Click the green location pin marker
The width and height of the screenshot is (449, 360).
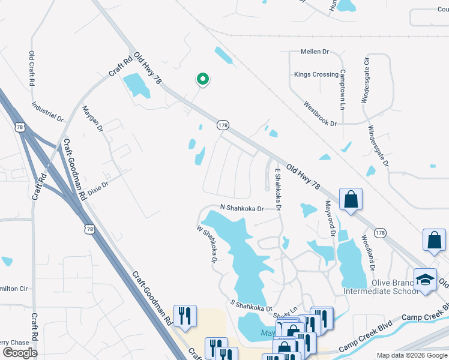pyautogui.click(x=203, y=79)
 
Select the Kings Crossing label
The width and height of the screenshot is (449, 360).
pyautogui.click(x=316, y=75)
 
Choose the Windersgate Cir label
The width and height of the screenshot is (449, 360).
pyautogui.click(x=365, y=80)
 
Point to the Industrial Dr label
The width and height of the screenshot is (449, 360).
pyautogui.click(x=47, y=109)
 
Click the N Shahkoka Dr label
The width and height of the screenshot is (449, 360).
pyautogui.click(x=242, y=208)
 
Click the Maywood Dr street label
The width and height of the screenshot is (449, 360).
pyautogui.click(x=329, y=218)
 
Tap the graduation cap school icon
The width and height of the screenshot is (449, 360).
pyautogui.click(x=426, y=280)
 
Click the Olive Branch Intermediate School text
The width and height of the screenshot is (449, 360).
pyautogui.click(x=379, y=287)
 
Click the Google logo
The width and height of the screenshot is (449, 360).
pyautogui.click(x=20, y=353)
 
